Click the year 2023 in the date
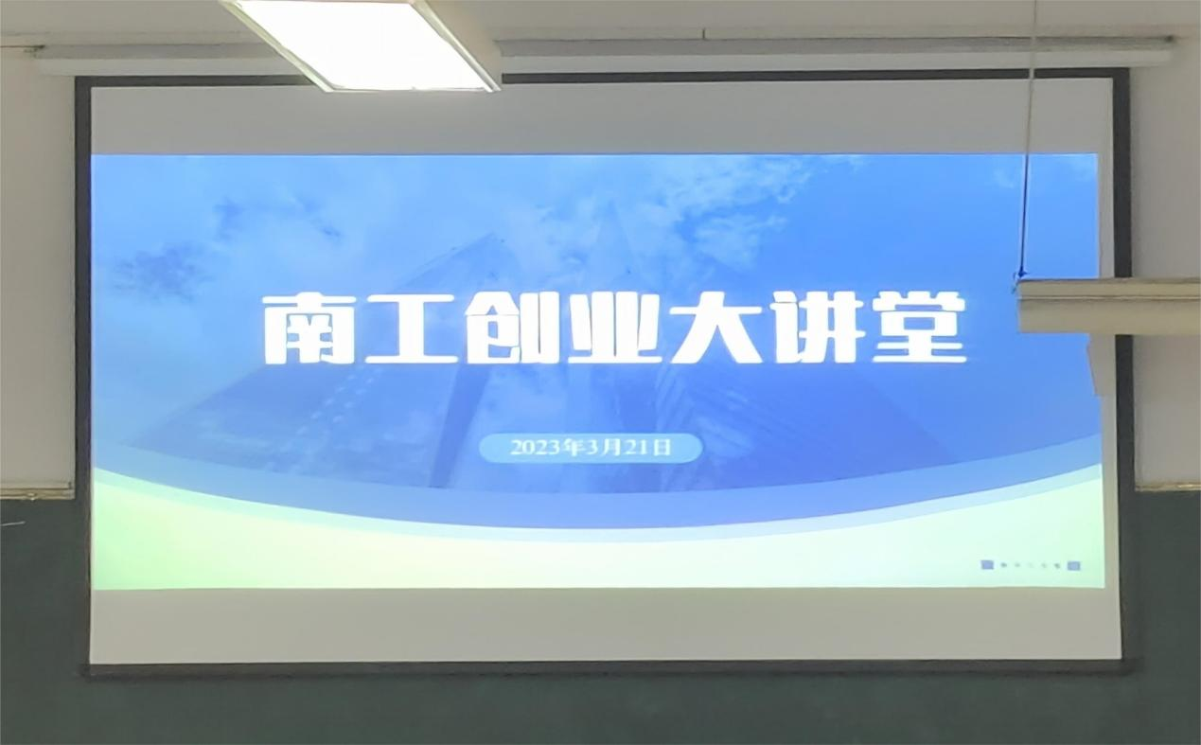click(534, 448)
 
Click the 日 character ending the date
click(663, 448)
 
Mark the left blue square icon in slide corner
click(987, 564)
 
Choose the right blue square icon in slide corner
click(1074, 565)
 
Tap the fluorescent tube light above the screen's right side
click(837, 44)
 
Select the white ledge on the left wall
click(37, 489)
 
